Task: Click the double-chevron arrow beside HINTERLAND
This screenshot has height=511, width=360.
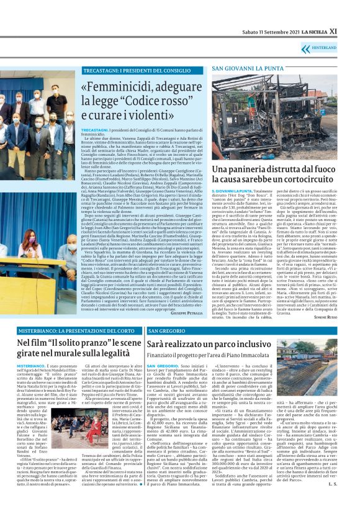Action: pyautogui.click(x=315, y=47)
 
